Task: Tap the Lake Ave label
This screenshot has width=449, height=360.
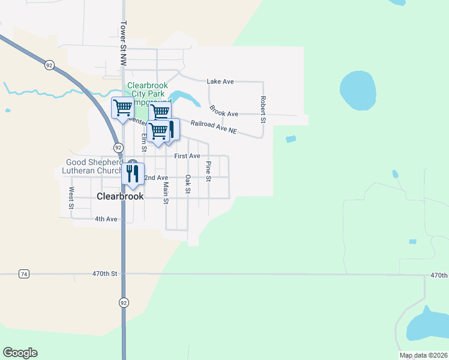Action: (x=220, y=81)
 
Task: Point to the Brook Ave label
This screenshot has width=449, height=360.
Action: (x=223, y=111)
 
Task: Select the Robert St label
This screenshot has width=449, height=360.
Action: (x=262, y=109)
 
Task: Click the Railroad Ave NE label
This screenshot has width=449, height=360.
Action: (x=214, y=127)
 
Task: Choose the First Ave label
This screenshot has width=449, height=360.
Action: (x=187, y=156)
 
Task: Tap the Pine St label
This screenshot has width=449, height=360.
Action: (x=208, y=171)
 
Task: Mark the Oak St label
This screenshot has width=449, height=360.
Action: (x=187, y=184)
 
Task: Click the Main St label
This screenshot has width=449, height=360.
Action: (x=166, y=193)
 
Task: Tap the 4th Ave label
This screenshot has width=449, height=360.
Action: (x=106, y=219)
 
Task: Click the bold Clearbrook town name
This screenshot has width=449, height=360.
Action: (x=121, y=196)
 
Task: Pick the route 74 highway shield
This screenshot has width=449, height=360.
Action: (x=23, y=274)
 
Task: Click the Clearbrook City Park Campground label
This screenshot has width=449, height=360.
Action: (x=147, y=94)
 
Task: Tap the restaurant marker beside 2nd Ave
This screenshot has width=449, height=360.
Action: (x=133, y=173)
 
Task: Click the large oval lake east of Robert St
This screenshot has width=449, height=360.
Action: (x=358, y=91)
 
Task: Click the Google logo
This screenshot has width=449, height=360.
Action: (x=20, y=353)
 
